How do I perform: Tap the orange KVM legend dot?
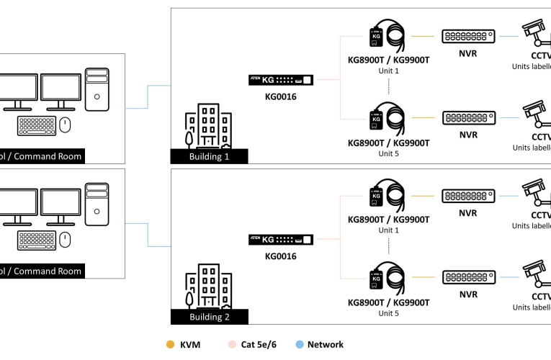click(x=170, y=344)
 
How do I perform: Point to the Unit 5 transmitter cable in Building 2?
click(x=388, y=280)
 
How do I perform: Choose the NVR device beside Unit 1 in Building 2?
click(x=468, y=197)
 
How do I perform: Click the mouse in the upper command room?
click(x=66, y=125)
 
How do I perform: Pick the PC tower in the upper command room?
click(x=97, y=89)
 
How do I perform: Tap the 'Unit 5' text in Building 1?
click(x=388, y=153)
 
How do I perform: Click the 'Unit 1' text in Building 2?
click(x=388, y=230)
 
